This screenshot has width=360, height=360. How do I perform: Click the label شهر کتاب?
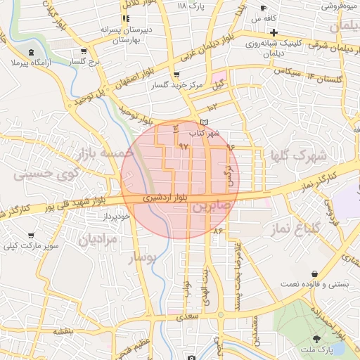pyautogui.click(x=204, y=133)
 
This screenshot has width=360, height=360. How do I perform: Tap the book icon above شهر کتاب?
pyautogui.click(x=205, y=122)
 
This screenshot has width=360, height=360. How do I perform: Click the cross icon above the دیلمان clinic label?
pyautogui.click(x=274, y=32)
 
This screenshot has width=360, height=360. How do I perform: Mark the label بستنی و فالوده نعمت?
pyautogui.click(x=314, y=284)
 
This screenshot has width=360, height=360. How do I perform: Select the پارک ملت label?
pyautogui.click(x=321, y=349)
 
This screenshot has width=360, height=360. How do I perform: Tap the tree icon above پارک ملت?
pyautogui.click(x=321, y=338)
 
